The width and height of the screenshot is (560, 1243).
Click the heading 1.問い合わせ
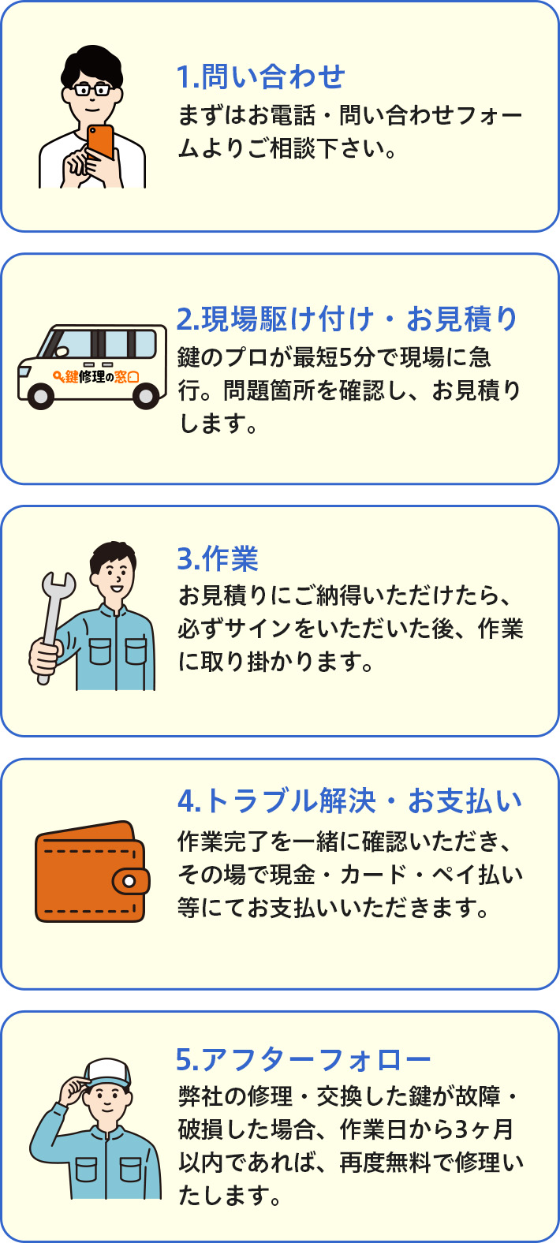[x=261, y=77]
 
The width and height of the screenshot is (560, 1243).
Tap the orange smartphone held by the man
[x=100, y=142]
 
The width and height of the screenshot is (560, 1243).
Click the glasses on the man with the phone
[x=93, y=89]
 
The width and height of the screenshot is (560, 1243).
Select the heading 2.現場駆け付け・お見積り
[x=347, y=319]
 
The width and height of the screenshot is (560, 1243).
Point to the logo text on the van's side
[x=95, y=377]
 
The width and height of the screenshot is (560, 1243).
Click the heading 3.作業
[x=218, y=558]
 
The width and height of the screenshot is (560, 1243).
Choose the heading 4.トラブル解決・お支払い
[x=349, y=801]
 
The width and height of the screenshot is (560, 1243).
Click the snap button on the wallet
[x=129, y=881]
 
